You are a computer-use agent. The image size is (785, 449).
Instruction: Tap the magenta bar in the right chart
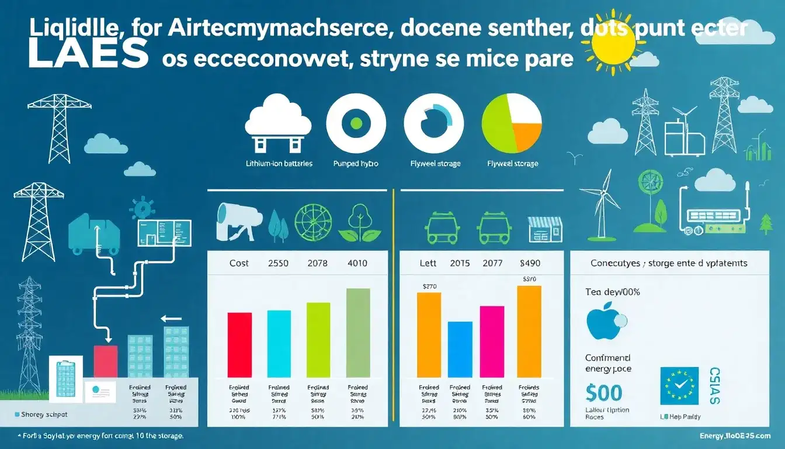492,341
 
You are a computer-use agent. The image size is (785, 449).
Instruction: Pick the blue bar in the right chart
460,349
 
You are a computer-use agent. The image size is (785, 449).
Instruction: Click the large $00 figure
604,392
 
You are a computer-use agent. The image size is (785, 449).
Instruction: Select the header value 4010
357,263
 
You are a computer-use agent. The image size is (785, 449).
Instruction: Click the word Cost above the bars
239,263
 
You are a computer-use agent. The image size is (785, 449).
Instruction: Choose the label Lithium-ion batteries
280,164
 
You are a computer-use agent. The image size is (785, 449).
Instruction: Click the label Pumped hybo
356,164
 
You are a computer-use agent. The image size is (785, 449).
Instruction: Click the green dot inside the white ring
356,122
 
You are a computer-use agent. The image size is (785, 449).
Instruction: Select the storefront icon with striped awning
545,229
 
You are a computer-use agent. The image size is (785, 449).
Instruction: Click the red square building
106,361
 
